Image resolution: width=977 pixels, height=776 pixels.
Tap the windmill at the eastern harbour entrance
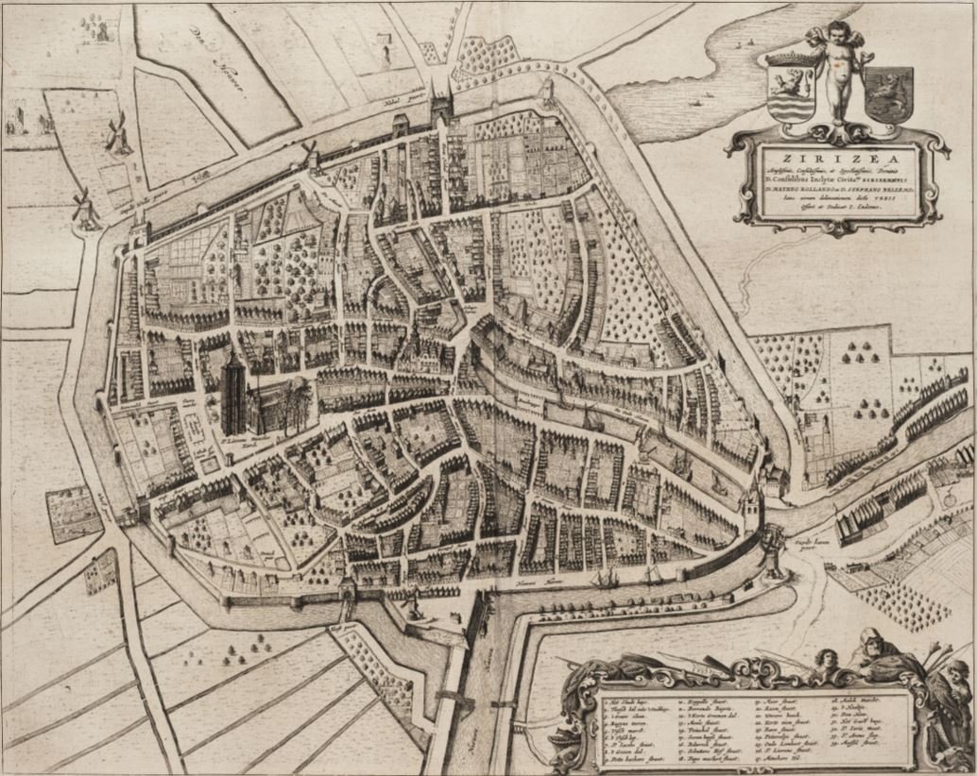774,548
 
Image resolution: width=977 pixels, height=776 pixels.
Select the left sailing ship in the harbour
605,577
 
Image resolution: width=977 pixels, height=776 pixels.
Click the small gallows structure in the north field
385,47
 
